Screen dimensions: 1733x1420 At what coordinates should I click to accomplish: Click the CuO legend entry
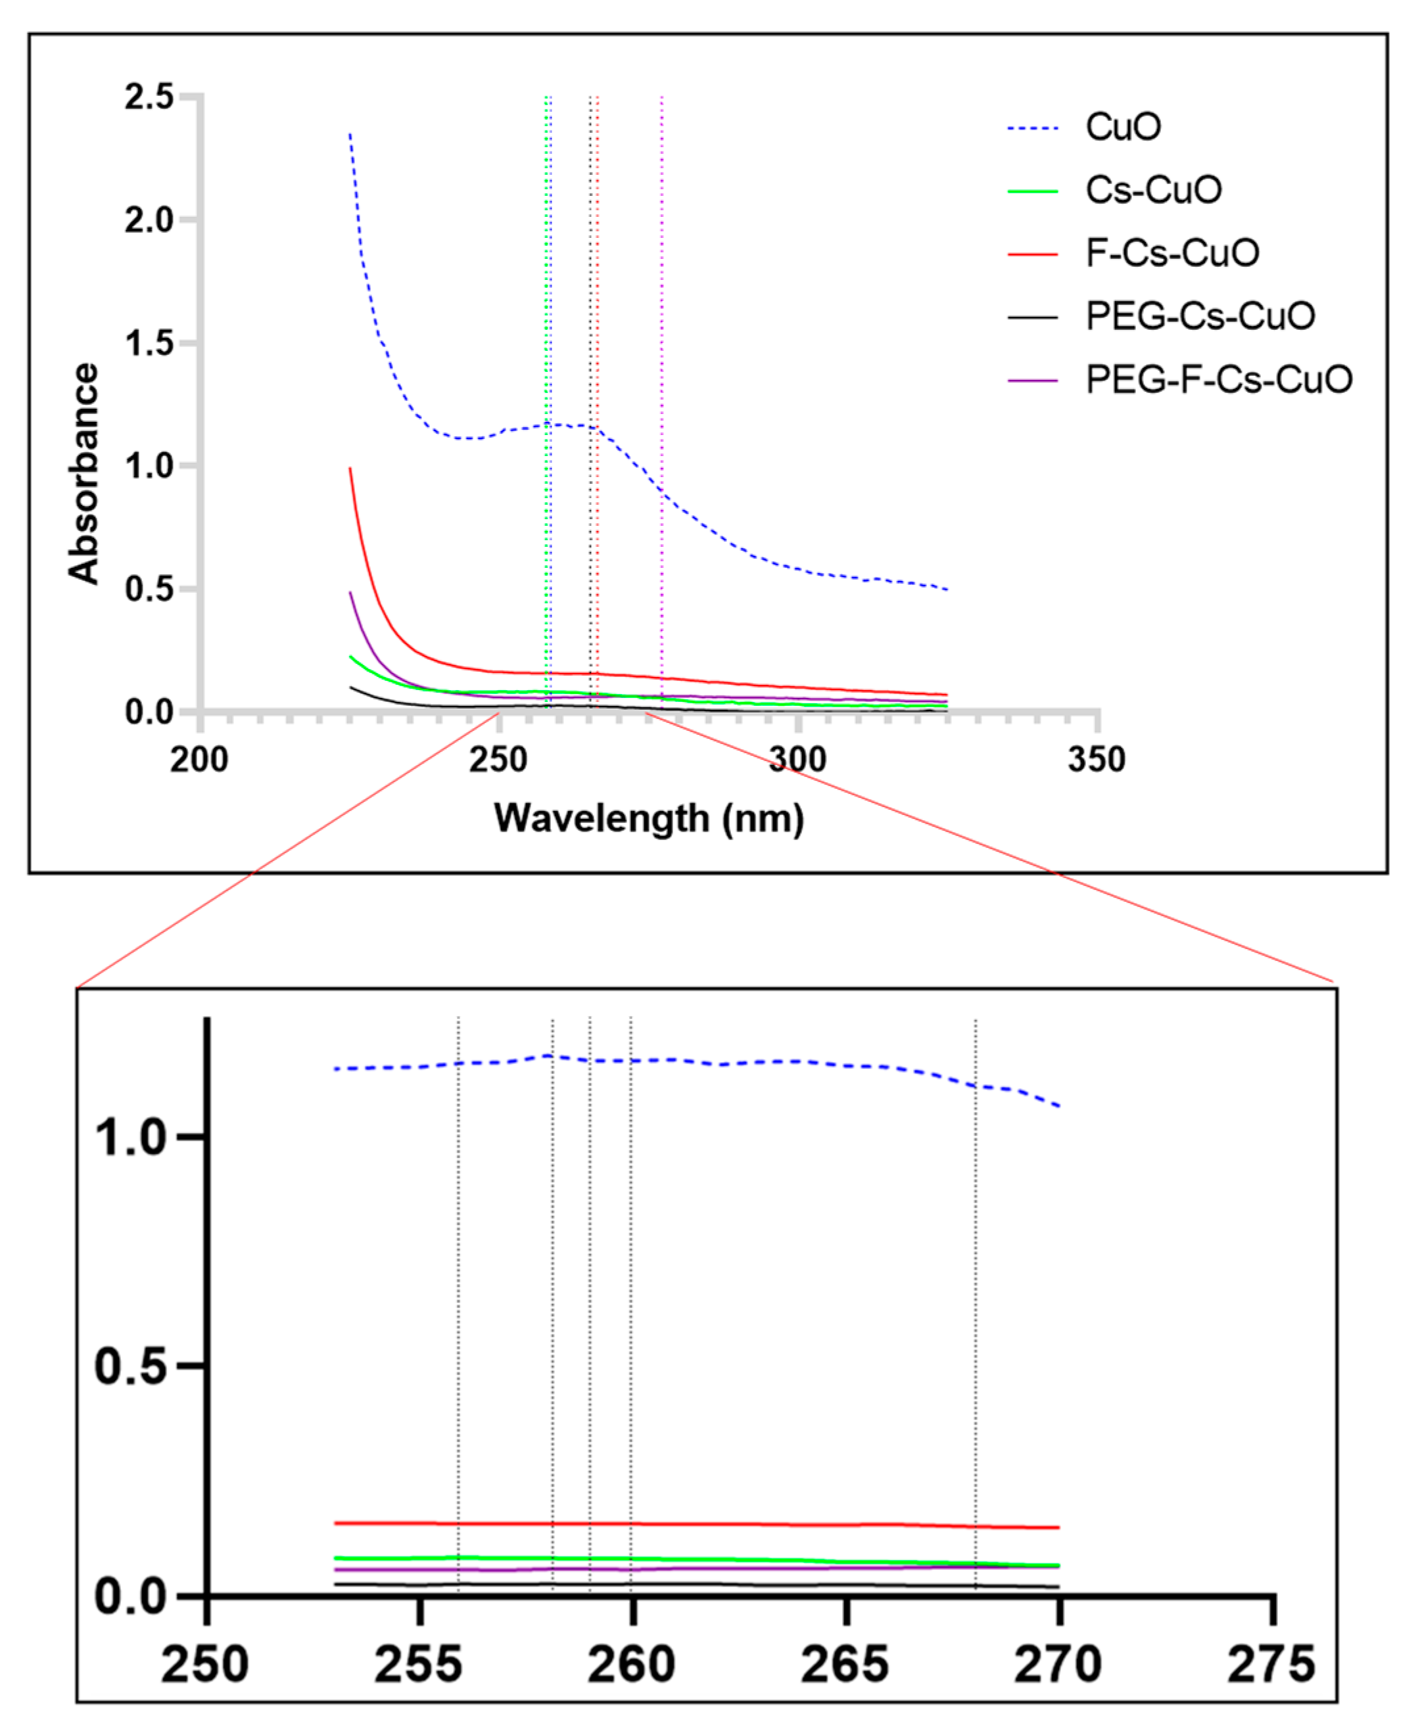1122,127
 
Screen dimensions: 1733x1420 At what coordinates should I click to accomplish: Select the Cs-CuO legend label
1153,190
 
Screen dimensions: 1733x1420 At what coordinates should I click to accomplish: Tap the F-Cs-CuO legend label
1172,253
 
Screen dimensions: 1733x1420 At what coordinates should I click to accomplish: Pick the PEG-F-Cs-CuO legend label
1219,379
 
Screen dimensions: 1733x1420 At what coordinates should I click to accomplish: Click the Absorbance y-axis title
83,474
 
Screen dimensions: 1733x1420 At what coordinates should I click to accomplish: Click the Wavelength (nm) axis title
649,818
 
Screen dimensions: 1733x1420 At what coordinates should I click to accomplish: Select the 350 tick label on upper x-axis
1096,760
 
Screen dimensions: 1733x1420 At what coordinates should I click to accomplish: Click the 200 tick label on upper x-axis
200,760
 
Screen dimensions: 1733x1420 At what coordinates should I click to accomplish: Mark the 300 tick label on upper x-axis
797,760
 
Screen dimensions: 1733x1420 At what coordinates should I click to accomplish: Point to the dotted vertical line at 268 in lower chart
975,1308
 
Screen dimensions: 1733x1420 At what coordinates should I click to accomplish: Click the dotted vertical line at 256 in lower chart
458,1308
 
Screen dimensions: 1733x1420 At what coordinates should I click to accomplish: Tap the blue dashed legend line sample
1032,128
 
